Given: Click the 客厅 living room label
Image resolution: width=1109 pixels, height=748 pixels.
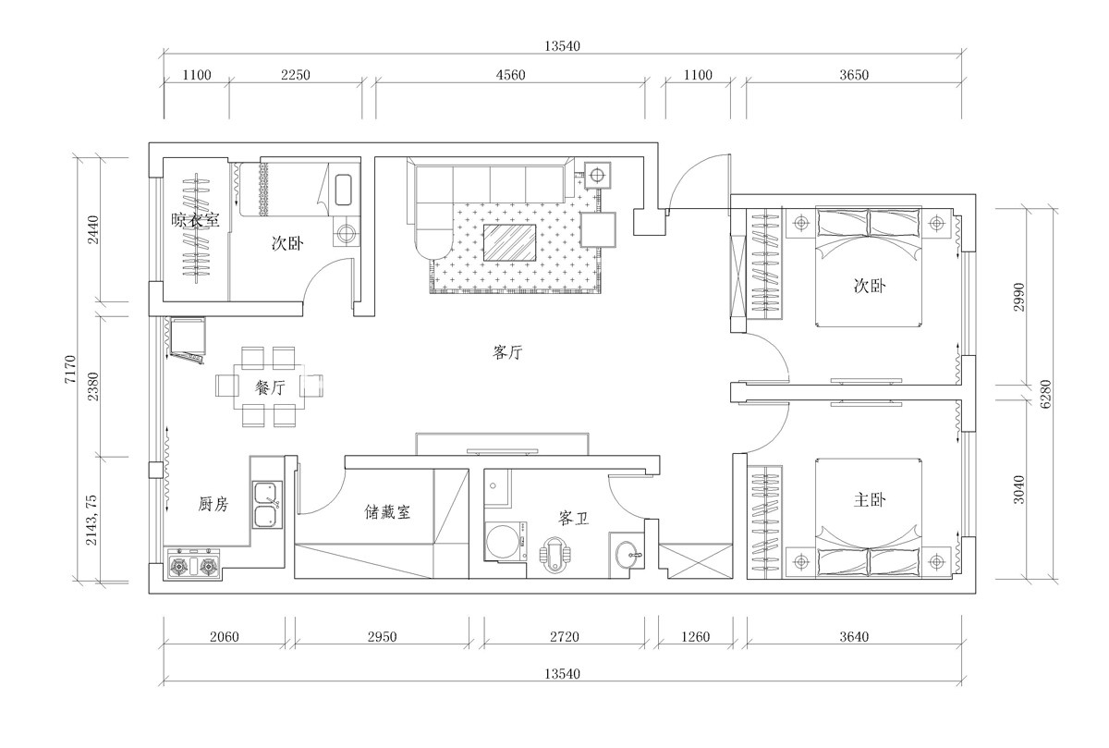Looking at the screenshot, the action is click(507, 352).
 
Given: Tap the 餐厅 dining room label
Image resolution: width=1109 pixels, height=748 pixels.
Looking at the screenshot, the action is click(270, 387).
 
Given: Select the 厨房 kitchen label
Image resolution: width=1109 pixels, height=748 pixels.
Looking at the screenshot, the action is click(213, 504).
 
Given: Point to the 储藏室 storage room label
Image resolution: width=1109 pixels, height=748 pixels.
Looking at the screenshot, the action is click(387, 511).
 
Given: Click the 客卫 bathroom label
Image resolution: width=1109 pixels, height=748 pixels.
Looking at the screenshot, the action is click(573, 518).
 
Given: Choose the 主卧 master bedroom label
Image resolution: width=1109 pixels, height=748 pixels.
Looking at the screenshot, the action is click(870, 500).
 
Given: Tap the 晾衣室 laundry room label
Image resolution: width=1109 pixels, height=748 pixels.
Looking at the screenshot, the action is click(196, 220).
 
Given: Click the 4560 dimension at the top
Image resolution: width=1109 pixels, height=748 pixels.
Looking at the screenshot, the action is click(510, 75).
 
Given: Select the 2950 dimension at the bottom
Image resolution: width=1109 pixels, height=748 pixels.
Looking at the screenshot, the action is click(382, 636).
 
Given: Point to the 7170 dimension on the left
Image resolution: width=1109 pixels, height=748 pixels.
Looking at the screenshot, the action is click(70, 369).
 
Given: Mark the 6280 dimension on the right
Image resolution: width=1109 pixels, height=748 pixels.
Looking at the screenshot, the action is click(1044, 394).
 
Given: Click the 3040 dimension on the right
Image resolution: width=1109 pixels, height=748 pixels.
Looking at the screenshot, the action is click(1018, 489).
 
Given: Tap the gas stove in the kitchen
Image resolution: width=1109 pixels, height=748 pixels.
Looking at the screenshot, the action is click(193, 564).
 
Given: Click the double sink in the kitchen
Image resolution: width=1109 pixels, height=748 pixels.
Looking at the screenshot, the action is click(267, 504).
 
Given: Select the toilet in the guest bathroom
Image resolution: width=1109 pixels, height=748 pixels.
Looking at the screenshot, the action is click(554, 555).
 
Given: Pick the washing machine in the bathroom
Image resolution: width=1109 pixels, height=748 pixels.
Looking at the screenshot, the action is click(506, 541).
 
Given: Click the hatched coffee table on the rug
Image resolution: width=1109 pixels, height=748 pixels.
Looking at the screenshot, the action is click(509, 242).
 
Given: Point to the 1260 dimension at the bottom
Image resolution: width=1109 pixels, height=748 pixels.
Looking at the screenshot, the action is click(695, 636).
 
